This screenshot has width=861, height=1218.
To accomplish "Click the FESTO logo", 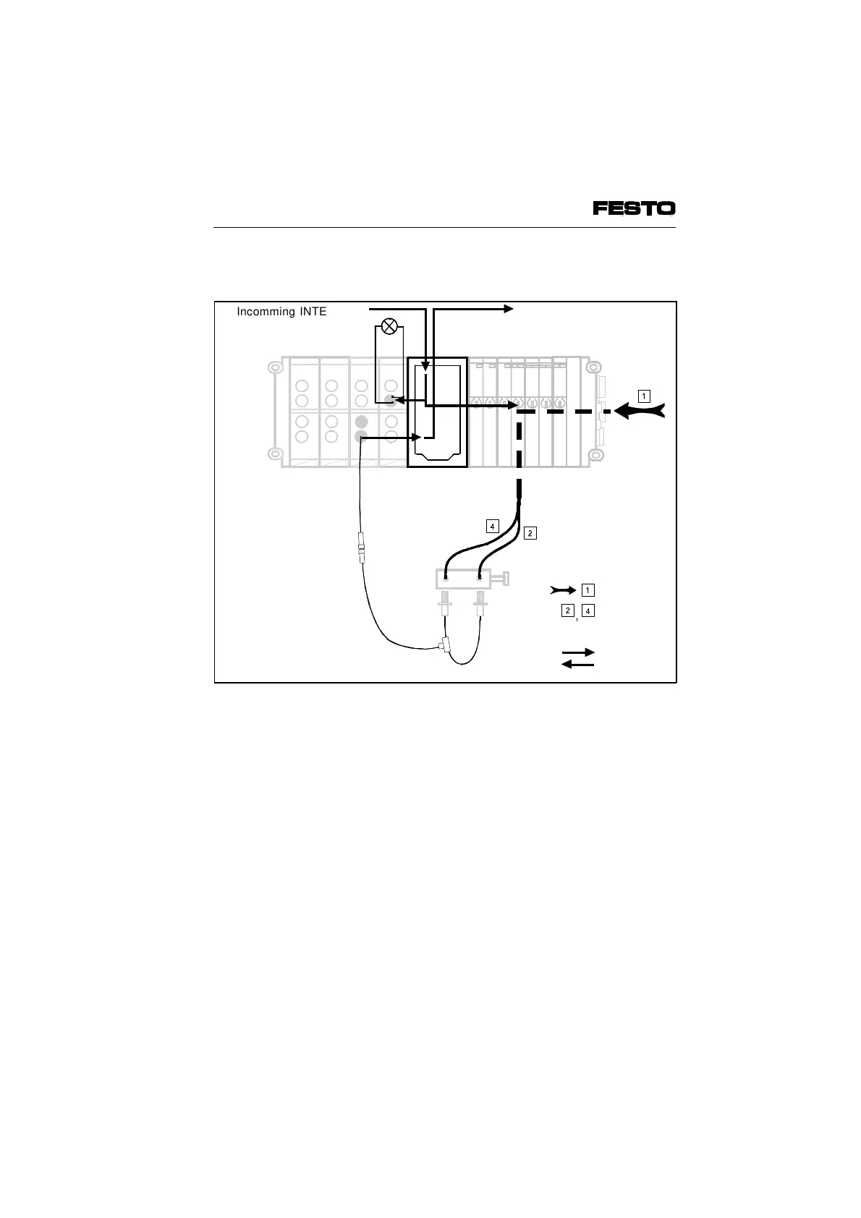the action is (x=634, y=208).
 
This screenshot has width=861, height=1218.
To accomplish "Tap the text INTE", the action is (x=313, y=312).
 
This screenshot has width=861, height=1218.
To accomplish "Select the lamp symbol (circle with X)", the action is (x=389, y=327).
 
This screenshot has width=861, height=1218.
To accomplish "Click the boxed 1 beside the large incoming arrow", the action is (x=644, y=396).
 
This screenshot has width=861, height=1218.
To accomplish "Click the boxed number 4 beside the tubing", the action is (x=492, y=526).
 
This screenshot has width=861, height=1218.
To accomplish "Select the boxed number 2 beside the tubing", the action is (x=530, y=533).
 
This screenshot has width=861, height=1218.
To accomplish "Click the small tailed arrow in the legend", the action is (x=564, y=589).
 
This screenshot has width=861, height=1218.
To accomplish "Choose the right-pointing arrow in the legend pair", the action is (x=578, y=652).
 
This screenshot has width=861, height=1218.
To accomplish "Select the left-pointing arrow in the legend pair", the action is (x=578, y=664).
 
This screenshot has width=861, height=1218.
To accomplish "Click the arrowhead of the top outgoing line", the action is (x=509, y=309).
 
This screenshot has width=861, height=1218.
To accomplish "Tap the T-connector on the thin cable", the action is (x=444, y=644).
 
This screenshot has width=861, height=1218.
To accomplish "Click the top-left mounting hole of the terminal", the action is (x=273, y=367).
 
